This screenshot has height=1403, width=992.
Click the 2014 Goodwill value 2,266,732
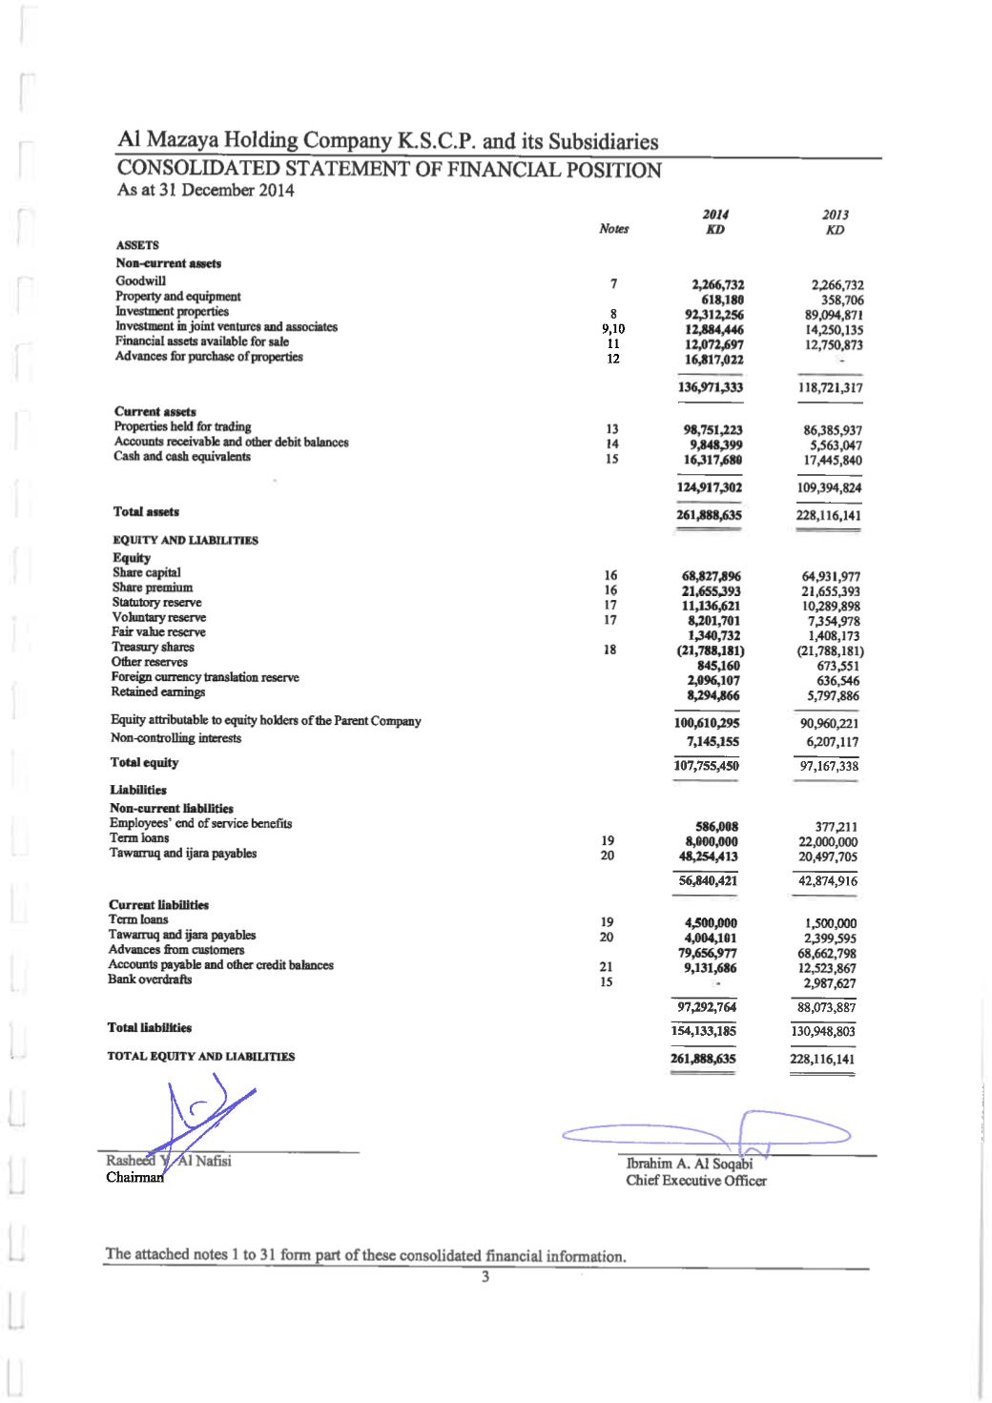(x=717, y=284)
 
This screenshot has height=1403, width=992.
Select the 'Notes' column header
(x=613, y=229)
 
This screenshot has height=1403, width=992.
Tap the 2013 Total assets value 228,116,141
(x=828, y=516)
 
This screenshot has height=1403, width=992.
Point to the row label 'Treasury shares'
(x=153, y=647)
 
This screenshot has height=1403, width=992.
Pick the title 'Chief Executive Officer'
(x=695, y=1181)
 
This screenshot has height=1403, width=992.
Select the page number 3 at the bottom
(x=486, y=1277)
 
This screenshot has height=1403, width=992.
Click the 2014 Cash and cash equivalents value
(x=713, y=460)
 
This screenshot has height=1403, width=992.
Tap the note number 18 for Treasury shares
(x=610, y=650)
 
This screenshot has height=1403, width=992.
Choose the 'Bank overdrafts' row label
(x=150, y=980)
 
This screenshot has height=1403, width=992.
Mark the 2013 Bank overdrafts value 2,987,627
(x=829, y=983)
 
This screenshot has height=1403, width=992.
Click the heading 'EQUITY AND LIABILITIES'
(x=185, y=540)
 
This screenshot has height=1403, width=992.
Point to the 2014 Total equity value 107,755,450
(x=706, y=766)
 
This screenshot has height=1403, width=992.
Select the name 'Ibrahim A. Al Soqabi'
(x=689, y=1164)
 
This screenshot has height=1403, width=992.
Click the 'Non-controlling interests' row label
(x=176, y=738)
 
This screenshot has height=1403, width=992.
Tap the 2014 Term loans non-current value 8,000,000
(x=711, y=842)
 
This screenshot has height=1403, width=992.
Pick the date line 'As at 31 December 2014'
(x=205, y=190)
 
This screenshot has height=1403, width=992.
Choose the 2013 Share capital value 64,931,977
(x=831, y=576)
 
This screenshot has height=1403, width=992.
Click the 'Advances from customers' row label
(x=176, y=950)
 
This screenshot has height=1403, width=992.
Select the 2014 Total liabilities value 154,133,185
(x=706, y=1031)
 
